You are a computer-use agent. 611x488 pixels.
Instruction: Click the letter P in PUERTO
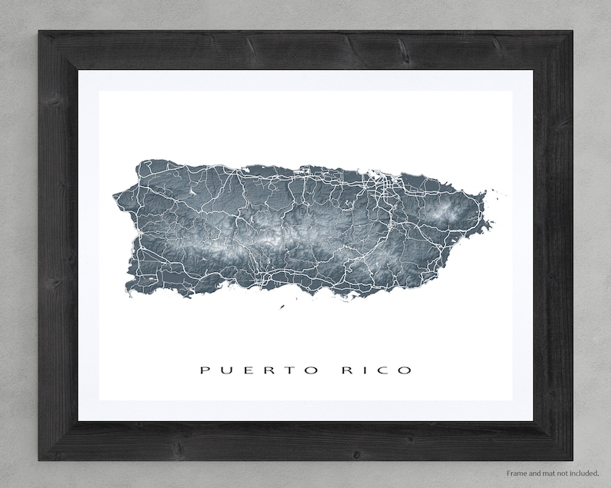pyautogui.click(x=205, y=370)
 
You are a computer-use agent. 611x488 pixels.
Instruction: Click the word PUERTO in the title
pyautogui.click(x=256, y=370)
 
